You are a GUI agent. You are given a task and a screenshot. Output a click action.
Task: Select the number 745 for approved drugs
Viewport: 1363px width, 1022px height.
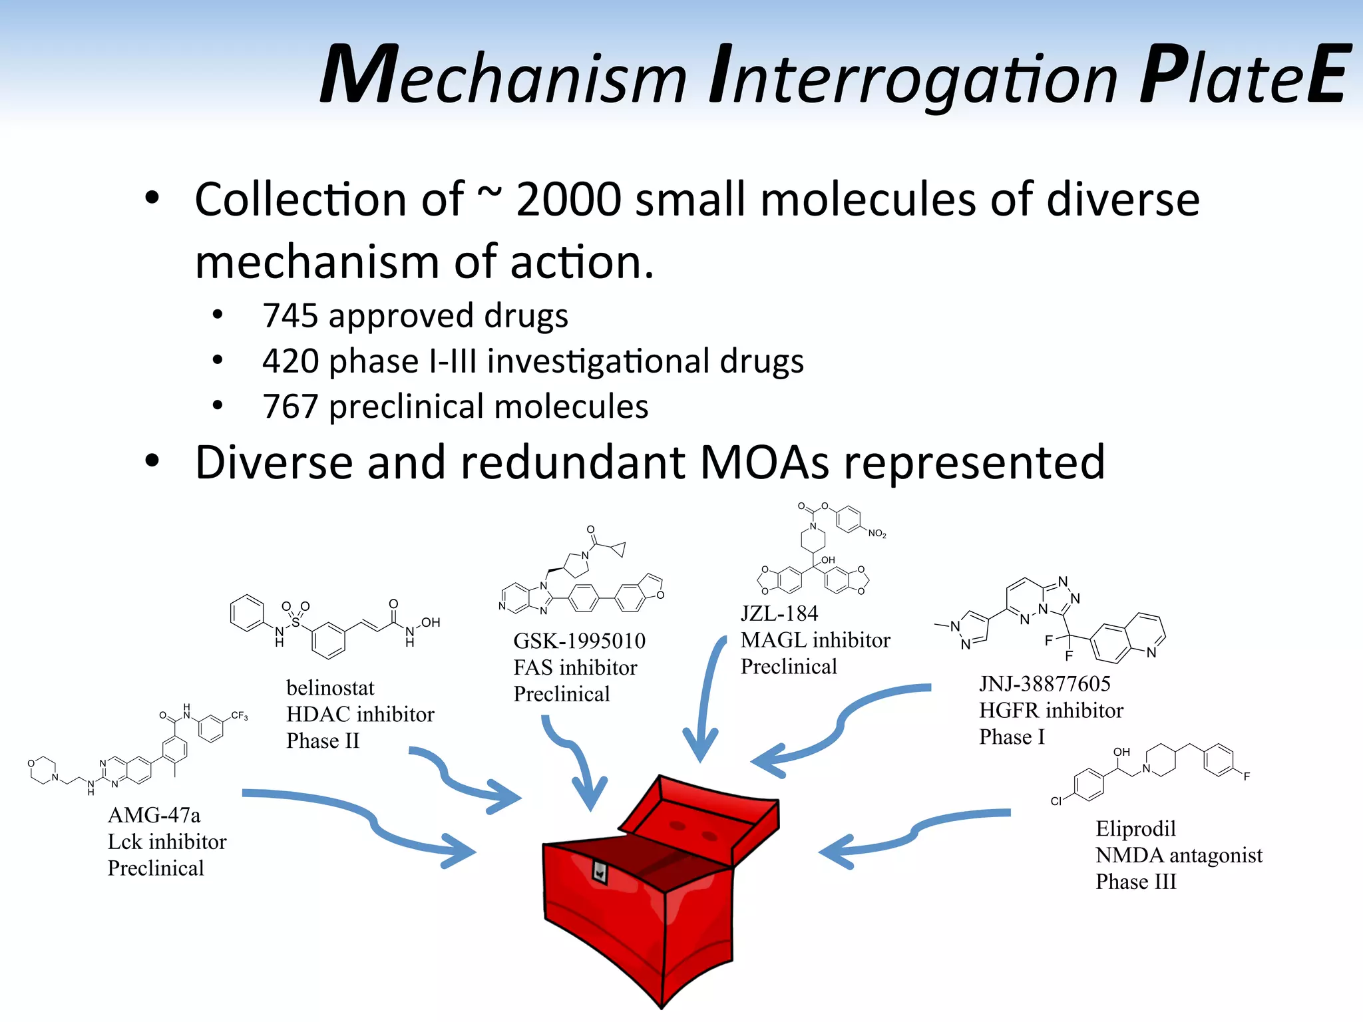pyautogui.click(x=290, y=316)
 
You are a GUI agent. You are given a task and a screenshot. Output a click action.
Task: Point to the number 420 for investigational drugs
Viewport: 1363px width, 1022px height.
pyautogui.click(x=290, y=361)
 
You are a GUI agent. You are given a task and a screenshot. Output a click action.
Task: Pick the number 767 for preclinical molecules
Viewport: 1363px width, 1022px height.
pyautogui.click(x=290, y=407)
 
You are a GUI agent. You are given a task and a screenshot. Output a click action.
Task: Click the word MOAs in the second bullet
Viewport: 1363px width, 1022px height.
pyautogui.click(x=765, y=462)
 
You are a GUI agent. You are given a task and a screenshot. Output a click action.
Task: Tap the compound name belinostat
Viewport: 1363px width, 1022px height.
pyautogui.click(x=330, y=687)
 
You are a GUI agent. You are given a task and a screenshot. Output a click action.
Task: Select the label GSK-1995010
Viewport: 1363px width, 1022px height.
pyautogui.click(x=579, y=641)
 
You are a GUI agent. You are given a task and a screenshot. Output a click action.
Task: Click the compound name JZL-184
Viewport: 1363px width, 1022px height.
pyautogui.click(x=779, y=613)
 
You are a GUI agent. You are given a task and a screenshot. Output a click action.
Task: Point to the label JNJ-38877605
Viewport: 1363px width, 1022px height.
pyautogui.click(x=1044, y=684)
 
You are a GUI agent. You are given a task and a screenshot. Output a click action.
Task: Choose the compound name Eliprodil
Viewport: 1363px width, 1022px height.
pyautogui.click(x=1135, y=828)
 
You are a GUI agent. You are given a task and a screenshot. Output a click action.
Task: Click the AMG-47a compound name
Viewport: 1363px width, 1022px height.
pyautogui.click(x=154, y=815)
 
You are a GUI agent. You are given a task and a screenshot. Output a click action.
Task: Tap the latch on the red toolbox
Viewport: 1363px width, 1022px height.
pyautogui.click(x=600, y=871)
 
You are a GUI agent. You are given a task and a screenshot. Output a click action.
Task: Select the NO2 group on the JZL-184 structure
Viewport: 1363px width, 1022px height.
pyautogui.click(x=876, y=534)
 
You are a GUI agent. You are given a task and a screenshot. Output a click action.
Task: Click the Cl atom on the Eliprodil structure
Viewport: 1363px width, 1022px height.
pyautogui.click(x=1056, y=801)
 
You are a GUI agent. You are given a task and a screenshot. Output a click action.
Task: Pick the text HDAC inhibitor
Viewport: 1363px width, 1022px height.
pyautogui.click(x=360, y=715)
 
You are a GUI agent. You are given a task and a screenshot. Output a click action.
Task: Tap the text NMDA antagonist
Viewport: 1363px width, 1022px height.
pyautogui.click(x=1179, y=855)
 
